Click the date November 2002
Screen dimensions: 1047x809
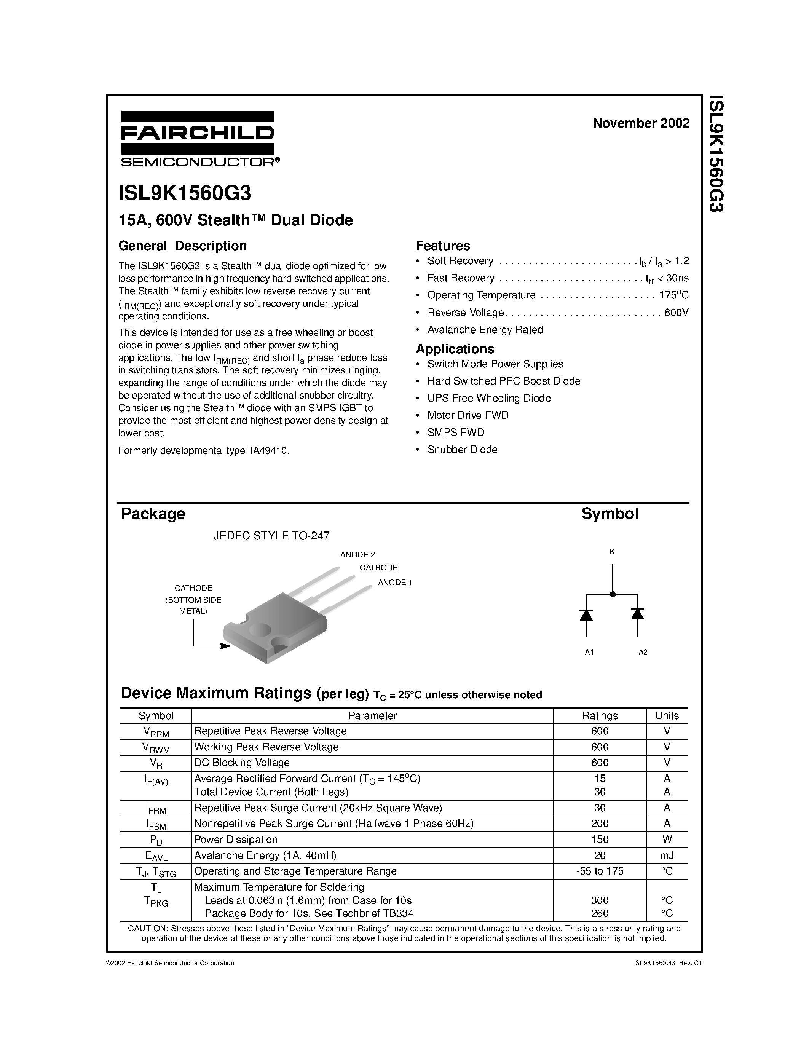(641, 123)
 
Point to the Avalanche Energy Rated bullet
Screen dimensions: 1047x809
(485, 330)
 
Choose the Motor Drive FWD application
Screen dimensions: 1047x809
(468, 415)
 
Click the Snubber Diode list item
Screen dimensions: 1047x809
(462, 450)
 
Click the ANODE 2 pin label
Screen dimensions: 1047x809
(357, 555)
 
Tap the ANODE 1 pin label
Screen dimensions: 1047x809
(395, 583)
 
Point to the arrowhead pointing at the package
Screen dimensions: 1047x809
(226, 646)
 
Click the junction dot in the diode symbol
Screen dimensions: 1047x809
(612, 594)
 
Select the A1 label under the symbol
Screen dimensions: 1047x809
(589, 652)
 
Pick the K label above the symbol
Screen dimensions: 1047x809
(612, 552)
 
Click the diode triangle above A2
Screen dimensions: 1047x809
(637, 614)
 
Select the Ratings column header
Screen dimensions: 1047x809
(600, 716)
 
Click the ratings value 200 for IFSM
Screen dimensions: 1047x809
(600, 824)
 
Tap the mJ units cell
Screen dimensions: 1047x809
(667, 855)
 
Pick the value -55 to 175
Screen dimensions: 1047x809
(600, 871)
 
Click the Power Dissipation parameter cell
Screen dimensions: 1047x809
(236, 840)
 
